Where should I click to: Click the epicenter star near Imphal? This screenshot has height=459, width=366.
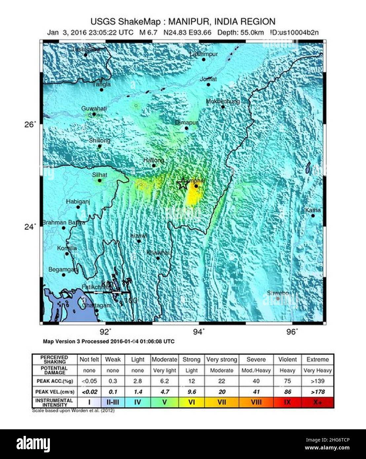click(182, 184)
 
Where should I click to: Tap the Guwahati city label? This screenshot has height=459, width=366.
click(94, 109)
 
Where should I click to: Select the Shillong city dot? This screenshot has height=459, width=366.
click(100, 146)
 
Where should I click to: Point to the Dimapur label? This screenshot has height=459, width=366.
click(187, 123)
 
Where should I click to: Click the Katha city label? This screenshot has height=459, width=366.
click(312, 210)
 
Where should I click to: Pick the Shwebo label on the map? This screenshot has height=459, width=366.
click(278, 293)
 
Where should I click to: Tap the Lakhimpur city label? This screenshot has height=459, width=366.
click(204, 54)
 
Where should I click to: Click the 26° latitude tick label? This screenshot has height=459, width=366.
click(30, 124)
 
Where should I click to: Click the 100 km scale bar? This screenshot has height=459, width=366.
click(107, 292)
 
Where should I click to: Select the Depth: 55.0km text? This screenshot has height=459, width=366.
click(240, 32)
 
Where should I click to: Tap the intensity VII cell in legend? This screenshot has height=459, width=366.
click(222, 402)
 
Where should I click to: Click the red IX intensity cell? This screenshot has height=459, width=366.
click(287, 402)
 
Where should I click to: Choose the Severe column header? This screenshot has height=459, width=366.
click(256, 360)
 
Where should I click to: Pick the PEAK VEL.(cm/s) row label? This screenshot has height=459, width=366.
click(55, 392)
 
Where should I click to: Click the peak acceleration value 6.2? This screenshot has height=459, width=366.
click(164, 381)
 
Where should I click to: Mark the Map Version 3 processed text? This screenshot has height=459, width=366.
click(109, 341)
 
